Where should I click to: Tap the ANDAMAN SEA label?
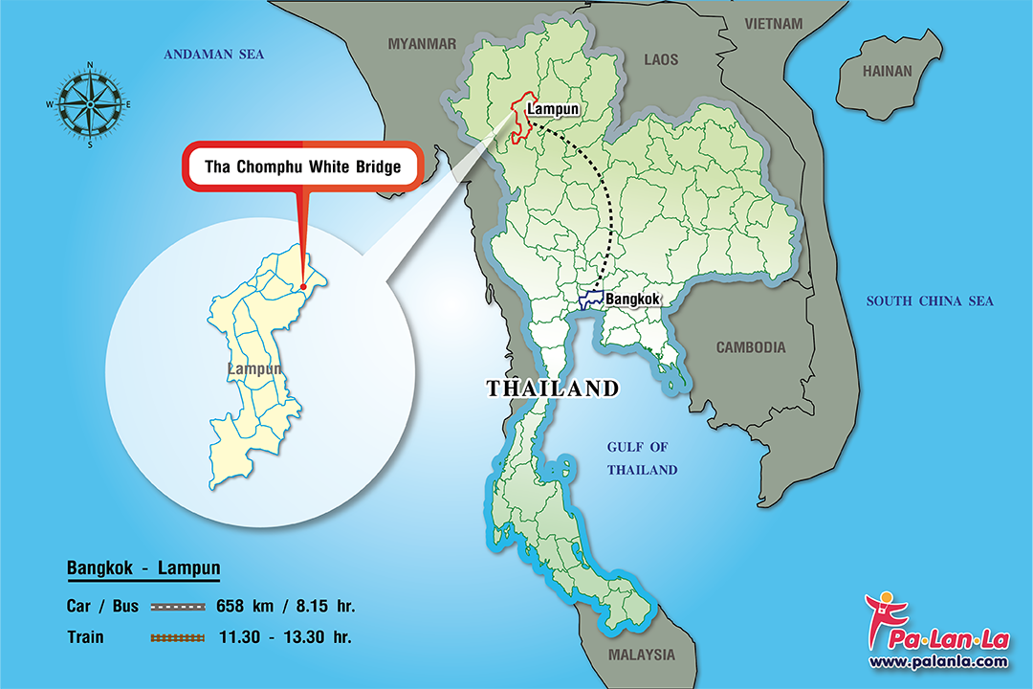[x=213, y=55]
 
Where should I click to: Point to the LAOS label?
[x=661, y=59]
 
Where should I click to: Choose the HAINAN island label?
[x=887, y=71]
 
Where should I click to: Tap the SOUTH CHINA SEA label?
[x=929, y=300]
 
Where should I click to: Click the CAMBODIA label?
[x=751, y=347]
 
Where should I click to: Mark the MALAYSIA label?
[x=641, y=656]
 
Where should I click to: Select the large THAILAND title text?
[x=552, y=389]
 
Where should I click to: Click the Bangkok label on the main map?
[x=632, y=300]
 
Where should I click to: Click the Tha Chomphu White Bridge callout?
[x=301, y=166]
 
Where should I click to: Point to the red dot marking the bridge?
[x=302, y=285]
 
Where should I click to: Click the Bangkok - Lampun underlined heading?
[x=143, y=569]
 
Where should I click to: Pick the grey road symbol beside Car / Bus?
[x=177, y=607]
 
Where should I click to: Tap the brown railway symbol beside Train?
[x=177, y=636]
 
